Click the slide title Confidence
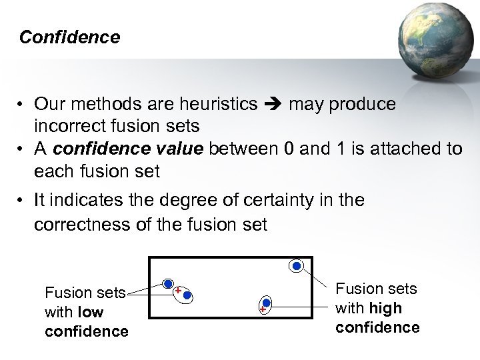click(x=69, y=37)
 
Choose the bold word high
click(x=386, y=308)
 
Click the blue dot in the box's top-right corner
click(x=297, y=265)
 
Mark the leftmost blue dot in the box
click(x=169, y=283)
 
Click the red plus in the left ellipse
click(x=178, y=291)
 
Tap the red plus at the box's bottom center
click(x=263, y=310)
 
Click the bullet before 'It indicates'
click(x=22, y=201)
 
